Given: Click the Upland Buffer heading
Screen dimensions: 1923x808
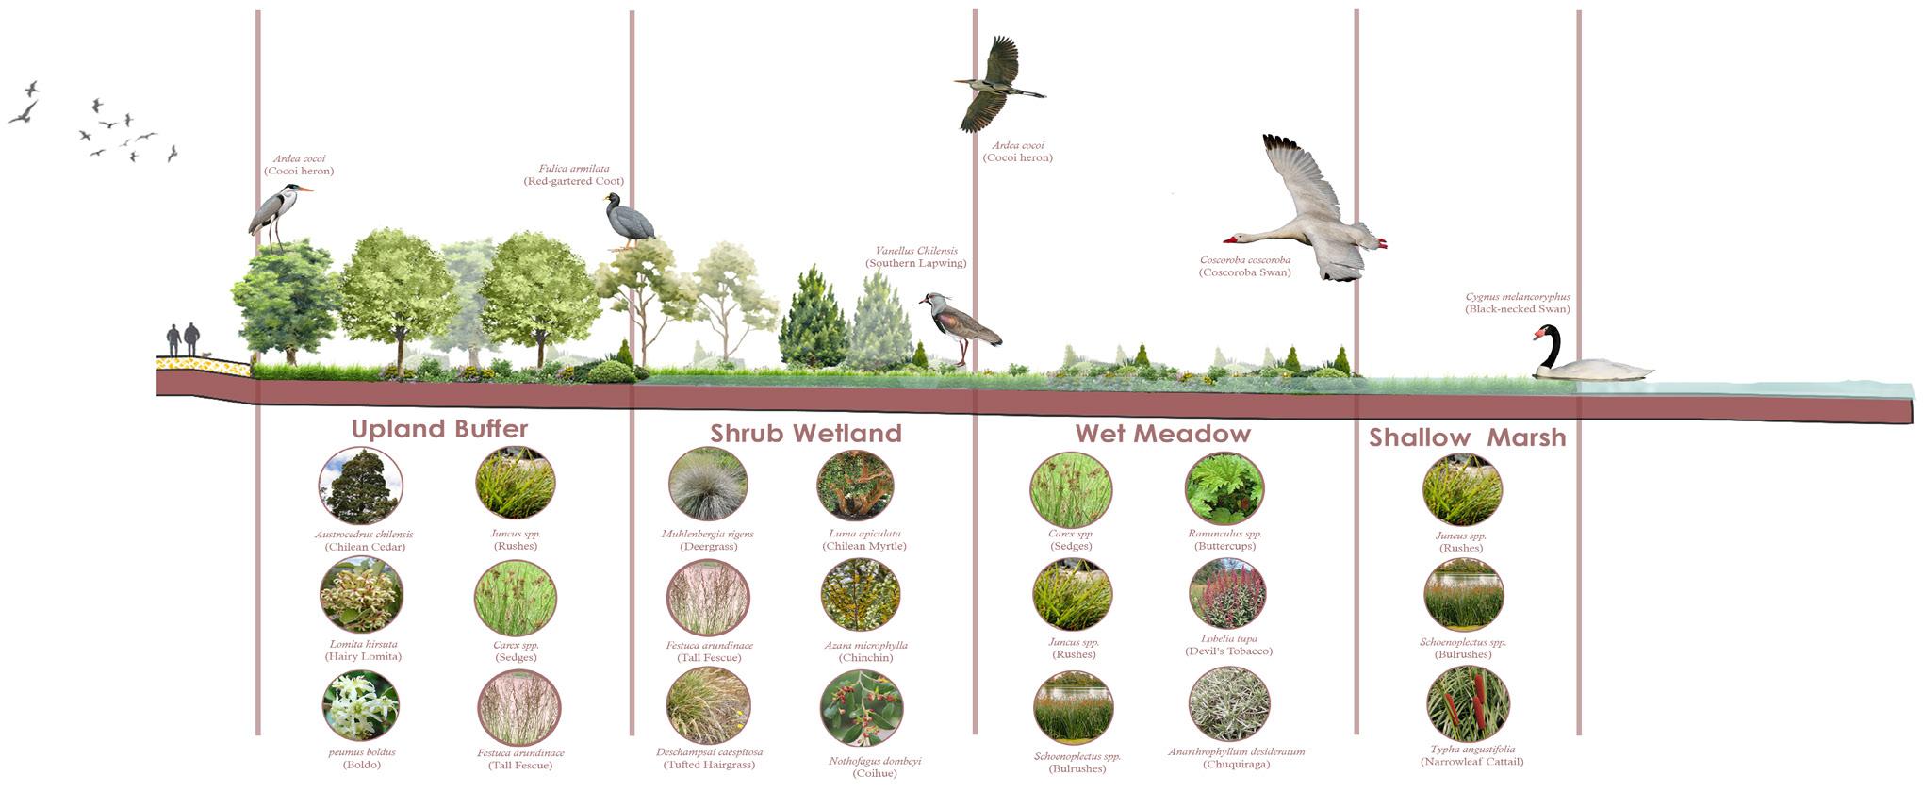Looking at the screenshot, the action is pyautogui.click(x=439, y=429).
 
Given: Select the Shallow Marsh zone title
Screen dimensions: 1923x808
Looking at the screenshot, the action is pyautogui.click(x=1467, y=437).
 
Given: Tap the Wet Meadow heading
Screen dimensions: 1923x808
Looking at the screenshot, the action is pyautogui.click(x=1162, y=434).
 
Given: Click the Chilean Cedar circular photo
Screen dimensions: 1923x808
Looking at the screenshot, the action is pyautogui.click(x=360, y=486).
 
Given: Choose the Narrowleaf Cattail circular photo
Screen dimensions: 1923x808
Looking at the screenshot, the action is pyautogui.click(x=1468, y=704).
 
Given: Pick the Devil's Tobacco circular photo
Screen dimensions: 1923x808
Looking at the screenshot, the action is pyautogui.click(x=1227, y=594).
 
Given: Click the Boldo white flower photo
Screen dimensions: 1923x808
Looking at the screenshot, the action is pyautogui.click(x=360, y=705).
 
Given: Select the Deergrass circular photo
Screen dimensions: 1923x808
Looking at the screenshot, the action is pyautogui.click(x=708, y=485).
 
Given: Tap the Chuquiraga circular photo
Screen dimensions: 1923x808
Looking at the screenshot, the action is pyautogui.click(x=1229, y=704).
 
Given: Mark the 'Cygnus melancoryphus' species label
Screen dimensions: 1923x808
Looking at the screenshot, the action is pyautogui.click(x=1518, y=297).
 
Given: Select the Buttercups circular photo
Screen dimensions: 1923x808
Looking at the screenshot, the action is pyautogui.click(x=1224, y=488).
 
